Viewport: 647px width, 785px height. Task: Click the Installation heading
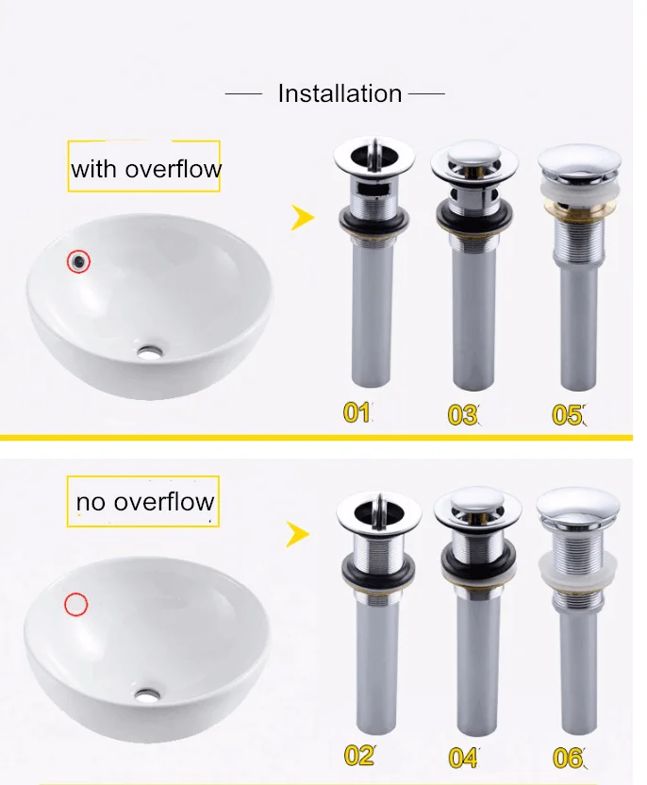coord(340,93)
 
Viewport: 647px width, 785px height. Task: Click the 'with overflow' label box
coord(144,166)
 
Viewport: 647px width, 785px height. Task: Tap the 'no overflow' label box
coord(143,501)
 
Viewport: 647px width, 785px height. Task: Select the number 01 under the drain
coord(357,412)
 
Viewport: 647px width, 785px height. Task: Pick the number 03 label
coord(462,415)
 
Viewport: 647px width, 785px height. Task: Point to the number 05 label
coord(568,415)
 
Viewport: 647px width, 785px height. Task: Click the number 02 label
coord(359,756)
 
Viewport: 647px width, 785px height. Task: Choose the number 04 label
coord(463,758)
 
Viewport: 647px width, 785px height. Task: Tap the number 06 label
coord(568,758)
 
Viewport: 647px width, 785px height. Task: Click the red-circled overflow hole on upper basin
coord(78,260)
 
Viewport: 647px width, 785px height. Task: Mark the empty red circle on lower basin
coord(76,604)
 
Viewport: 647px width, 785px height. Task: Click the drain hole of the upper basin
coord(150,353)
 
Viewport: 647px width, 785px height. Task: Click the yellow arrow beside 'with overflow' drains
coord(302,217)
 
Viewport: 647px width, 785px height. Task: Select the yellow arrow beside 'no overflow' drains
coord(297,534)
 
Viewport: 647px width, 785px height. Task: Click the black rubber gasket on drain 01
coord(373,220)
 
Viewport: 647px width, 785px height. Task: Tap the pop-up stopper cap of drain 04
coord(477,498)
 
